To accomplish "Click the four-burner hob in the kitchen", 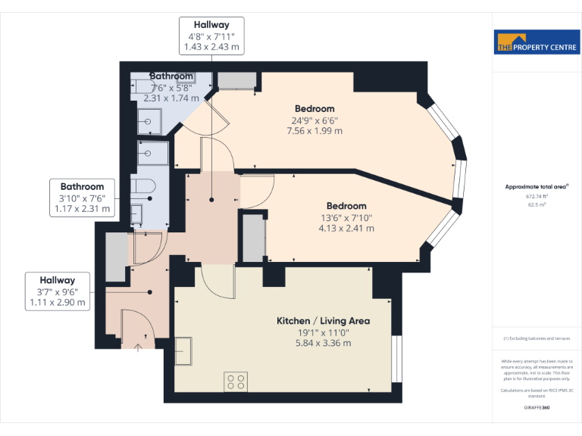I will (236, 381).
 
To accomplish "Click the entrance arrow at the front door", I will (138, 347).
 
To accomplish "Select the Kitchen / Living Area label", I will (323, 321).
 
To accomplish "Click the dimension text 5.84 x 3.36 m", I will (323, 343).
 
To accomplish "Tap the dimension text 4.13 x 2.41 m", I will (346, 228).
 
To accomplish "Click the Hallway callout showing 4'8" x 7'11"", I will (211, 36).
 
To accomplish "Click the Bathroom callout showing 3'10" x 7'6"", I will (82, 198).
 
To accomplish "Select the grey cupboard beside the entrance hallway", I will (116, 257).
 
